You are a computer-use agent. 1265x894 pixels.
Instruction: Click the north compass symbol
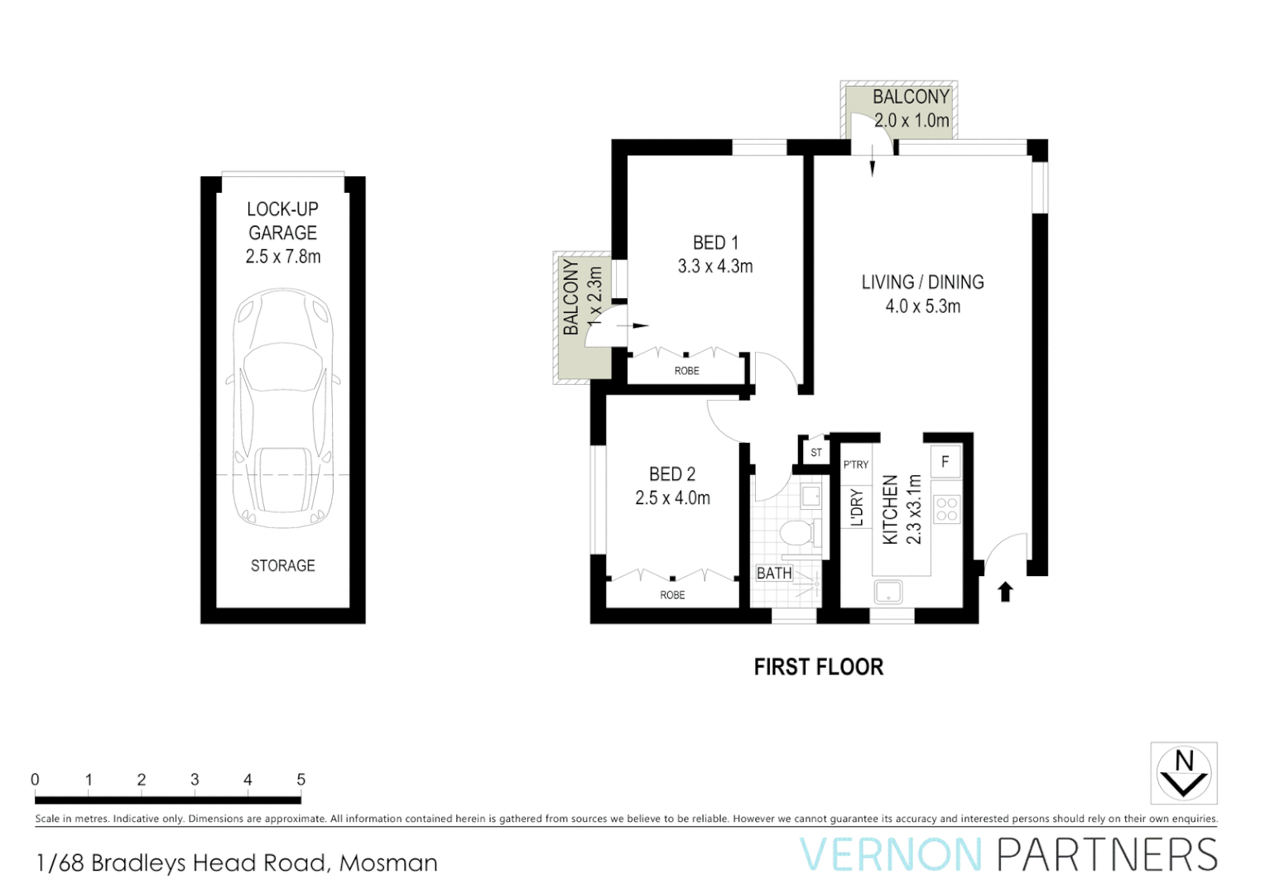[x=1184, y=773]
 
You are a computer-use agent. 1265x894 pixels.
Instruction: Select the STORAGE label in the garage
[x=283, y=565]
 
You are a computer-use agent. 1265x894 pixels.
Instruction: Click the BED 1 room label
[x=715, y=243]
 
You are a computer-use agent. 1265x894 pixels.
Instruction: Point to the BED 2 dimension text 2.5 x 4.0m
[x=672, y=498]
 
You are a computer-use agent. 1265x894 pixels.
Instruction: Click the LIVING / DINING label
[x=922, y=282]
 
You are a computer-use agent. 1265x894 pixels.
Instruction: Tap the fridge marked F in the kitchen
[x=945, y=462]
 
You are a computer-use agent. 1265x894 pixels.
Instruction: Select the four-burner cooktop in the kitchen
[x=946, y=510]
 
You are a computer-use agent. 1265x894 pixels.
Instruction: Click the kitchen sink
[x=888, y=592]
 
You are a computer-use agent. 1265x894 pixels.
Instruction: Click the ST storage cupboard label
[x=816, y=453]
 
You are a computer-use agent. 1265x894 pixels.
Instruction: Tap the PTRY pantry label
[x=856, y=464]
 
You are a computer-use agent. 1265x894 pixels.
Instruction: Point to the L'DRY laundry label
[x=857, y=507]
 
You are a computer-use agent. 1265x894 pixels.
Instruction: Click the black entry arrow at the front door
[x=1005, y=591]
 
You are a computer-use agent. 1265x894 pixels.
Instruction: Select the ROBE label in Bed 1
[x=686, y=371]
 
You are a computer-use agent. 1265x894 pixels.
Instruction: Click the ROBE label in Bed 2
[x=672, y=595]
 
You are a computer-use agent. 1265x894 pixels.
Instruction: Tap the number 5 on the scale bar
[x=301, y=780]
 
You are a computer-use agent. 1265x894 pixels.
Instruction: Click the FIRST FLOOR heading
[x=818, y=667]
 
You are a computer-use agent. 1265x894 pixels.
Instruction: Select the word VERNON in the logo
[x=891, y=855]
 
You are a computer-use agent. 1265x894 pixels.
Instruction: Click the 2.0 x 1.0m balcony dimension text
[x=911, y=121]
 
